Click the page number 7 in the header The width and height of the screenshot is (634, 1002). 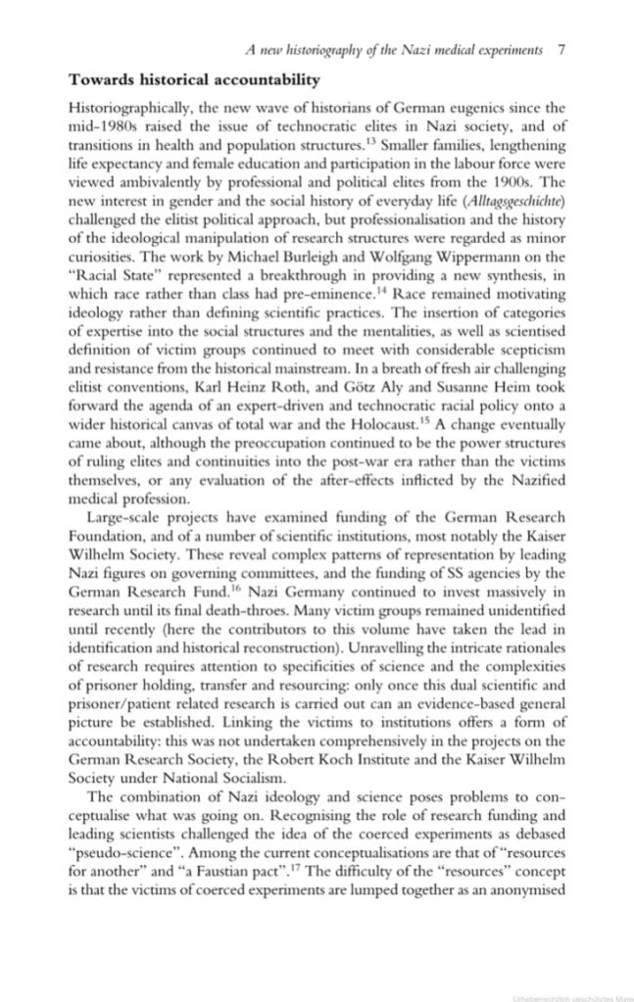[559, 49]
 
